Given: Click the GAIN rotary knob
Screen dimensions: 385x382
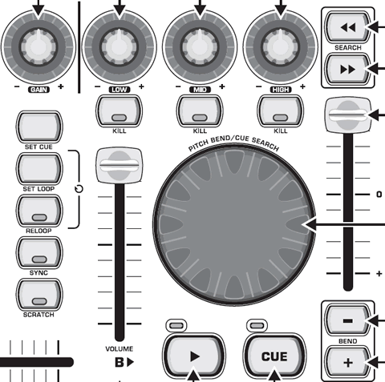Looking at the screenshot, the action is pos(38,47).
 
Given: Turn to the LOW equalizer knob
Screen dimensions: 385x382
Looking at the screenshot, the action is pos(120,47).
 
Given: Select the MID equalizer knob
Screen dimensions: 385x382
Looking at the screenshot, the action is pos(200,47).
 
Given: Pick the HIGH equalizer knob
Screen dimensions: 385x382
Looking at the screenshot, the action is pos(281,47).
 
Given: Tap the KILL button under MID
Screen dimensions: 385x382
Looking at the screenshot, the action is pos(200,111).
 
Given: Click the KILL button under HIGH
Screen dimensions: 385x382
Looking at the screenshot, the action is pos(281,111).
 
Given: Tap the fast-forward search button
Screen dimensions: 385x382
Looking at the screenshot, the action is pos(348,70).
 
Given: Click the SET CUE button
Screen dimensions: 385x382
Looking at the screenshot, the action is pos(39,127).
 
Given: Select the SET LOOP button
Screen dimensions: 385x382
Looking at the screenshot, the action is pos(39,169).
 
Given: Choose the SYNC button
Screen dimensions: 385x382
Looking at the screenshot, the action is pos(39,252).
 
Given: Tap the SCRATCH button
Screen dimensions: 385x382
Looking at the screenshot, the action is pos(39,295).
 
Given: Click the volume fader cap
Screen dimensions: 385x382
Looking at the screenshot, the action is pos(120,166).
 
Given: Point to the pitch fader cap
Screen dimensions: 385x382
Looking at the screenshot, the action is pos(348,115).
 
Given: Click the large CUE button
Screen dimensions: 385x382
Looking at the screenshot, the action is pos(274,357).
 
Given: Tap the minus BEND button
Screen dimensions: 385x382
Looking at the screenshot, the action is pos(348,320).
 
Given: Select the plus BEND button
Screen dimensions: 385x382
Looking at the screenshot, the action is pos(348,363).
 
